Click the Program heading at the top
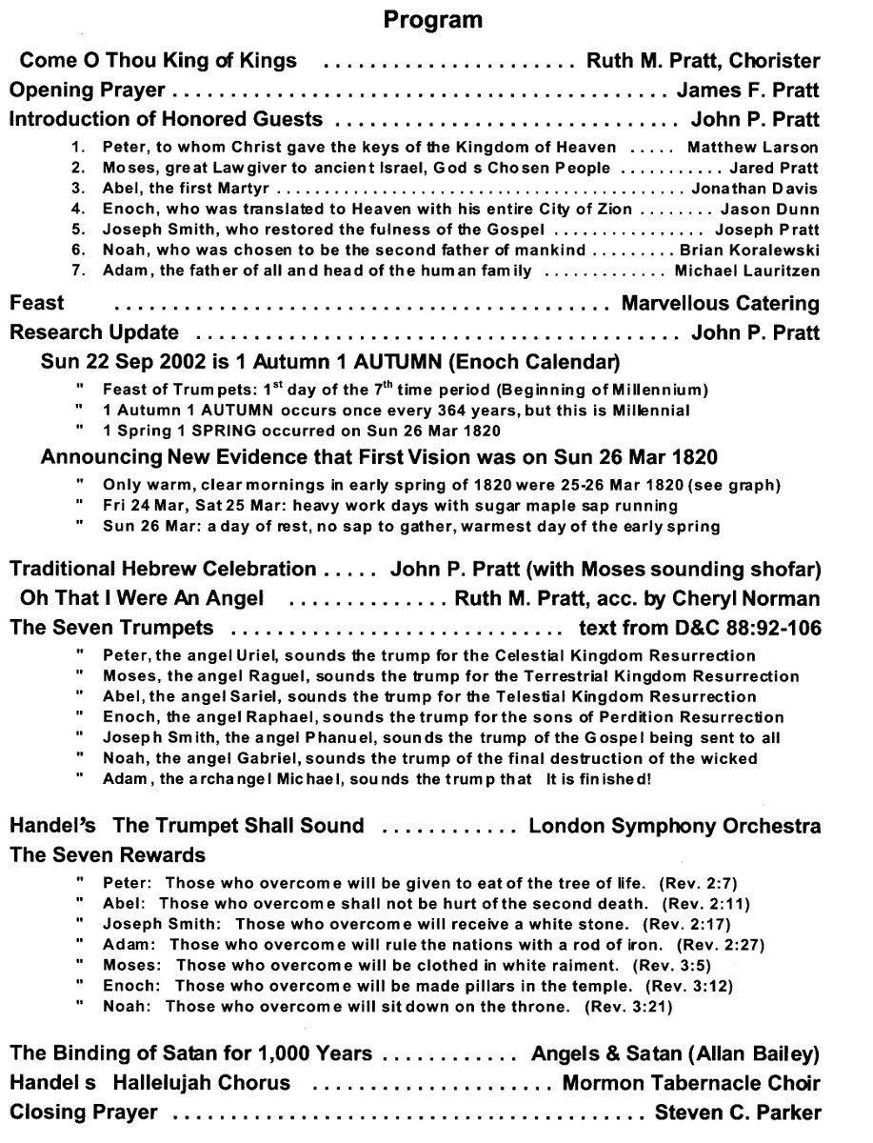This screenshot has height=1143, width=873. coord(433,19)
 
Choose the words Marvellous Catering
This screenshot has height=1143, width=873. coord(720,304)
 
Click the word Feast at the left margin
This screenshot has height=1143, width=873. coord(37,304)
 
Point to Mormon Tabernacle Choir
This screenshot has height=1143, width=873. coord(691,1083)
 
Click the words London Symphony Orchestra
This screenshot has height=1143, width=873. coord(674,825)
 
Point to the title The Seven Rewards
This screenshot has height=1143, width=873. coord(108,854)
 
